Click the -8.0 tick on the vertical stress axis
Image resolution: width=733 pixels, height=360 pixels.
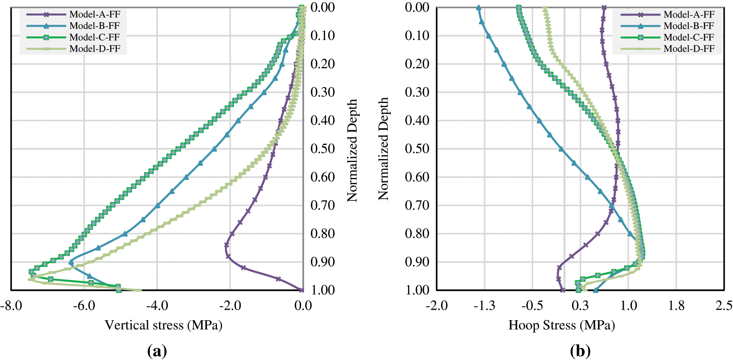pos(11,306)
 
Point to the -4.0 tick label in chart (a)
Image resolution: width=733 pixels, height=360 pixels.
pos(157,306)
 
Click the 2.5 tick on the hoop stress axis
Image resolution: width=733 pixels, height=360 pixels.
pos(724,306)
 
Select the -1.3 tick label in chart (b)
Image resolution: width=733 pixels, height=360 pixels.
pos(484,306)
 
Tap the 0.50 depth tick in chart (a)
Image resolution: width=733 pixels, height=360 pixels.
pos(323,149)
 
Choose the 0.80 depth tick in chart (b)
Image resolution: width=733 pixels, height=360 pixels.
pos(417,234)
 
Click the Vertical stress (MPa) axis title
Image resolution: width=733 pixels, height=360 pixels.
pos(163,325)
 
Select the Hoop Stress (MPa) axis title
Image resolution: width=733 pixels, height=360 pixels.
pos(561,325)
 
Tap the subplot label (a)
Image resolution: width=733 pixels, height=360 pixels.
pos(157,351)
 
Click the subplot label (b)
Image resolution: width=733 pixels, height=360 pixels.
pos(580,351)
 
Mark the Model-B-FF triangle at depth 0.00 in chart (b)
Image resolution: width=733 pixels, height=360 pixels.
pos(478,8)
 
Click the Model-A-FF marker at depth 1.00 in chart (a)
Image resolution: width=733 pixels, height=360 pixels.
pos(301,290)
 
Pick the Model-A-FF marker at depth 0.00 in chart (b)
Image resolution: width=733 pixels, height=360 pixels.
pos(604,8)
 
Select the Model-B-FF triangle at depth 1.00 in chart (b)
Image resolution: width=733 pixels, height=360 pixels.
pos(595,290)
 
